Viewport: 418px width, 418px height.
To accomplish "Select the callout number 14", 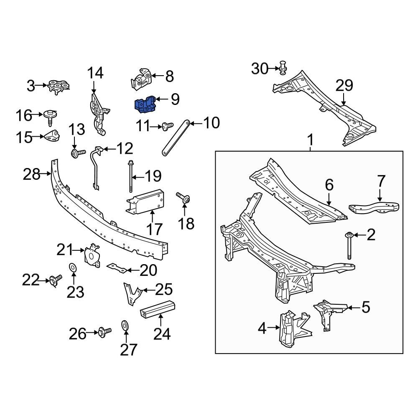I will point(95,73).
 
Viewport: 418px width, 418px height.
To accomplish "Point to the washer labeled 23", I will point(72,267).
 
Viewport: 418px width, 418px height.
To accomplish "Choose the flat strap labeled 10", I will point(176,138).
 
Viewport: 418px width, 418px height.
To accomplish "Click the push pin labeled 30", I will point(283,67).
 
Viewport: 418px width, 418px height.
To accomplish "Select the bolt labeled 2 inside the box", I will point(348,246).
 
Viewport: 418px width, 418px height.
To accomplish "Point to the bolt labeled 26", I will point(103,333).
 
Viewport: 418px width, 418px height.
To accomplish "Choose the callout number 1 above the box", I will point(310,140).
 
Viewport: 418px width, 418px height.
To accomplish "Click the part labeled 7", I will point(375,207).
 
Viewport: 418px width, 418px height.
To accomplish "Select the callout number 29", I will point(344,86).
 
